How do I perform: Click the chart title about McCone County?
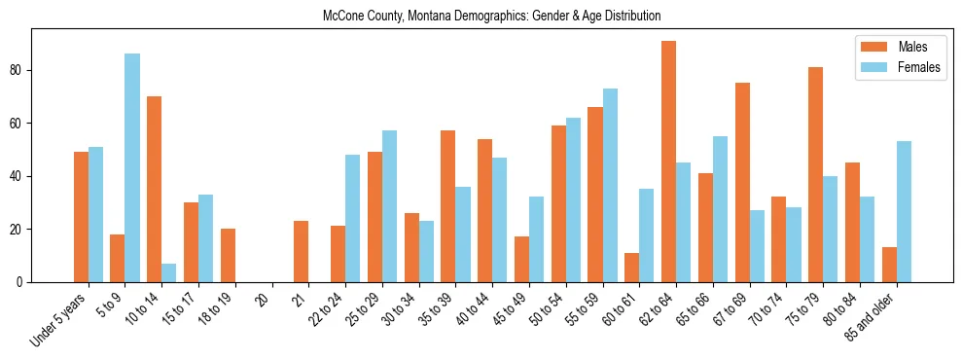click(x=491, y=16)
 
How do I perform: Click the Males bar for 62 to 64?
click(x=668, y=162)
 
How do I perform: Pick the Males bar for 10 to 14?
click(x=154, y=190)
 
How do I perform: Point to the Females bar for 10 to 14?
click(x=169, y=273)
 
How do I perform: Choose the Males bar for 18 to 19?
click(x=228, y=256)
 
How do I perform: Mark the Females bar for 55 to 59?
click(x=610, y=186)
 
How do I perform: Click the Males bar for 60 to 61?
click(x=631, y=268)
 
